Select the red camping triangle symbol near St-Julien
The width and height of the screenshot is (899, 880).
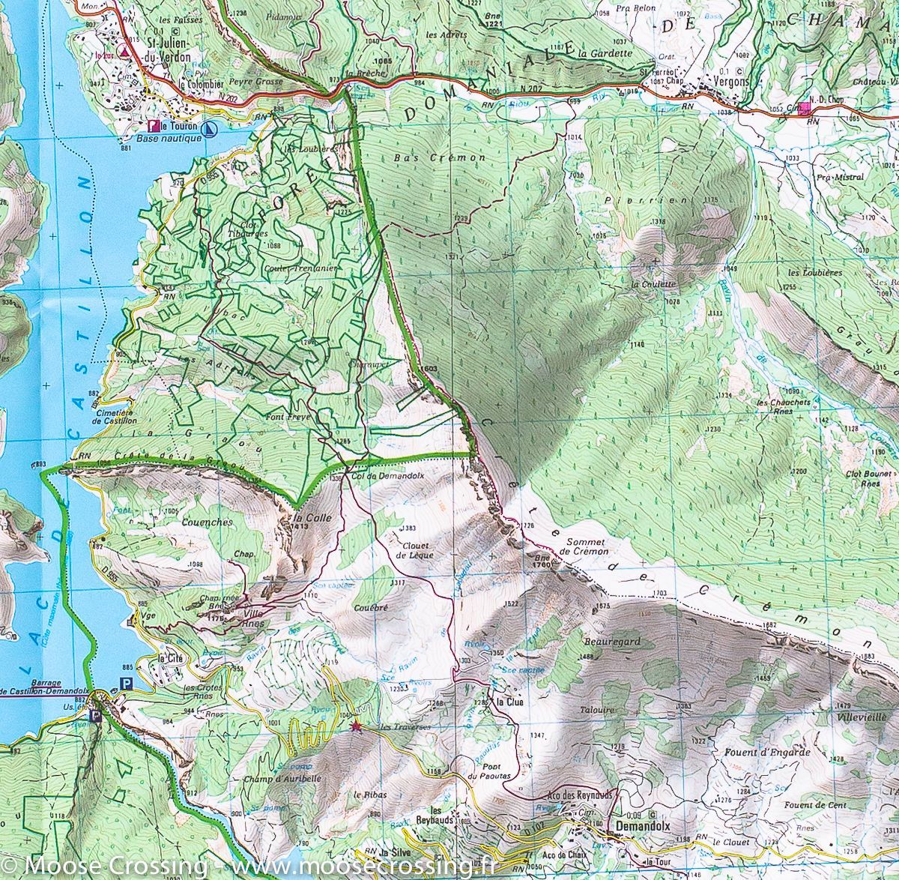[124, 54]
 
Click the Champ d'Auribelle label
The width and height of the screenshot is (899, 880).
[292, 779]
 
